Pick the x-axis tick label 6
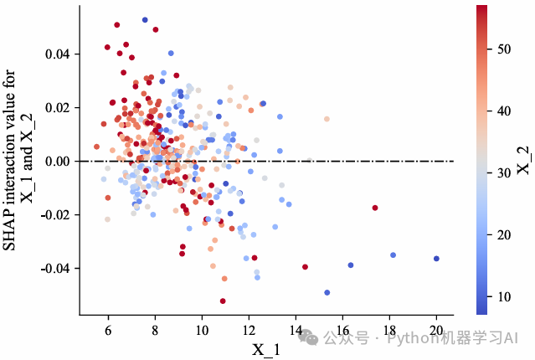(x=108, y=331)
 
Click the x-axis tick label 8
(x=155, y=331)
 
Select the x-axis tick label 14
(x=296, y=331)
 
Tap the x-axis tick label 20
(x=436, y=331)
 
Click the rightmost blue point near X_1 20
(x=436, y=259)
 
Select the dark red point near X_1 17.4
(x=375, y=208)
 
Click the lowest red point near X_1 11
(x=223, y=301)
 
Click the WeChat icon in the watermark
(x=311, y=337)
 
